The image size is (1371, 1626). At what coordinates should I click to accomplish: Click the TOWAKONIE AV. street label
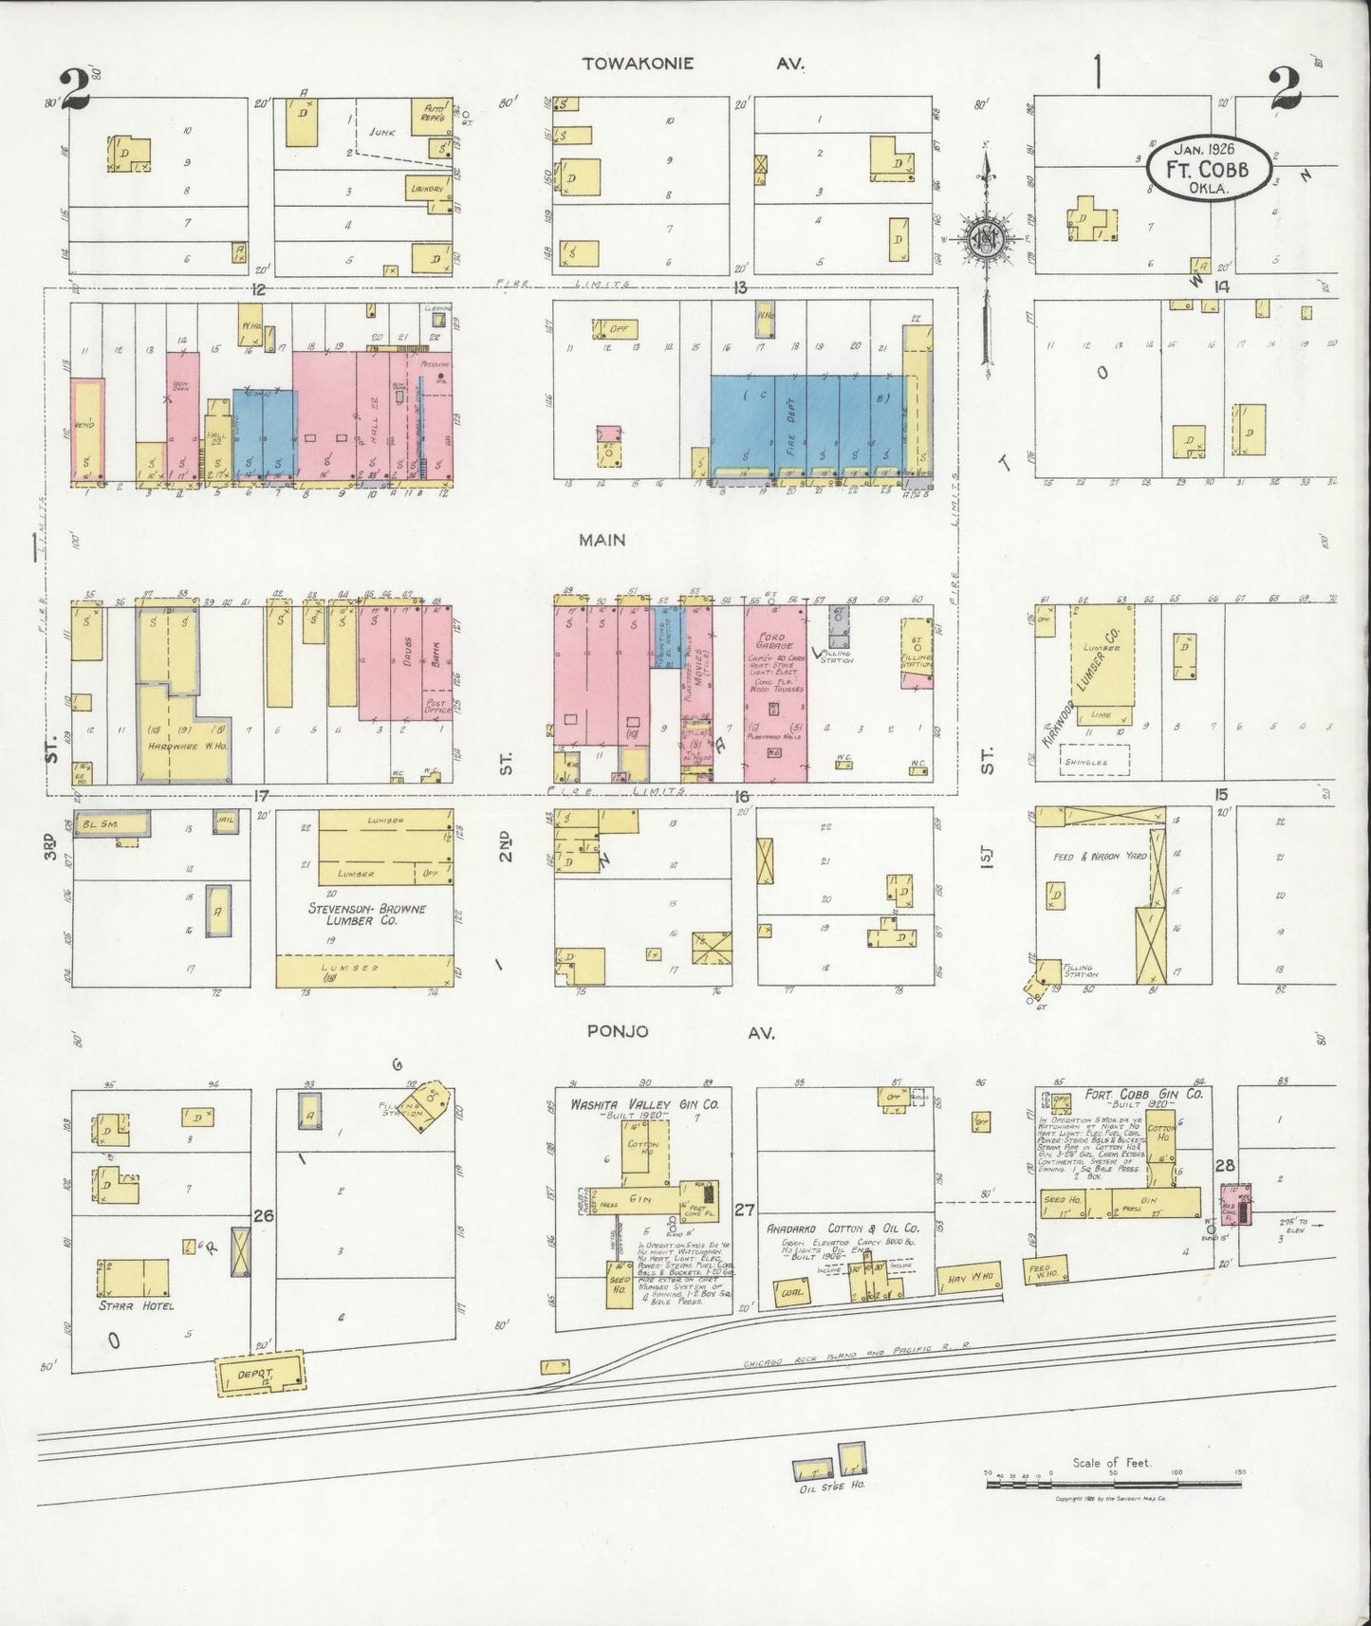[x=694, y=65]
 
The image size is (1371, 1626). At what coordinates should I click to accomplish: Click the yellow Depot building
[x=259, y=1374]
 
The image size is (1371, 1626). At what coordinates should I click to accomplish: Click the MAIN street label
[x=603, y=540]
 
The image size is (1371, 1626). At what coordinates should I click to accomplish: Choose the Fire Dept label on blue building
[x=790, y=423]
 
